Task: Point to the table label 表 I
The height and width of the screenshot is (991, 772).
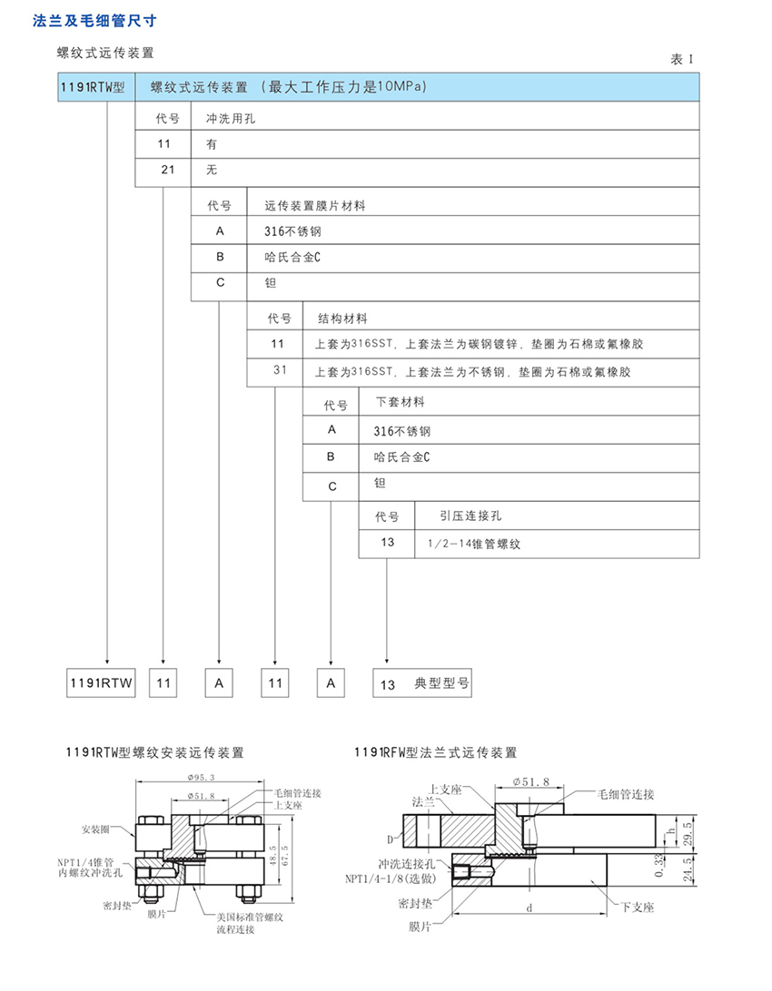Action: [681, 59]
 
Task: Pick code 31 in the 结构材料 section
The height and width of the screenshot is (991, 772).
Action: [280, 371]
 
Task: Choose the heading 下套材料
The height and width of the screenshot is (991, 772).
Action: [400, 401]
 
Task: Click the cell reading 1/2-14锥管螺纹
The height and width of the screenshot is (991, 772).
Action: [473, 544]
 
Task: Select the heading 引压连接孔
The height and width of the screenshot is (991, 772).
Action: [470, 515]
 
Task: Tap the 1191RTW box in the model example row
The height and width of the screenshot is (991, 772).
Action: [101, 683]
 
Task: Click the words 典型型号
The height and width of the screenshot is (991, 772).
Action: [441, 683]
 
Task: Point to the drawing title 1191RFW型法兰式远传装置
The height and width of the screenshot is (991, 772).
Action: [436, 752]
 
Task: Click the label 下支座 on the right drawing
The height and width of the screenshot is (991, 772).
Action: [638, 907]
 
